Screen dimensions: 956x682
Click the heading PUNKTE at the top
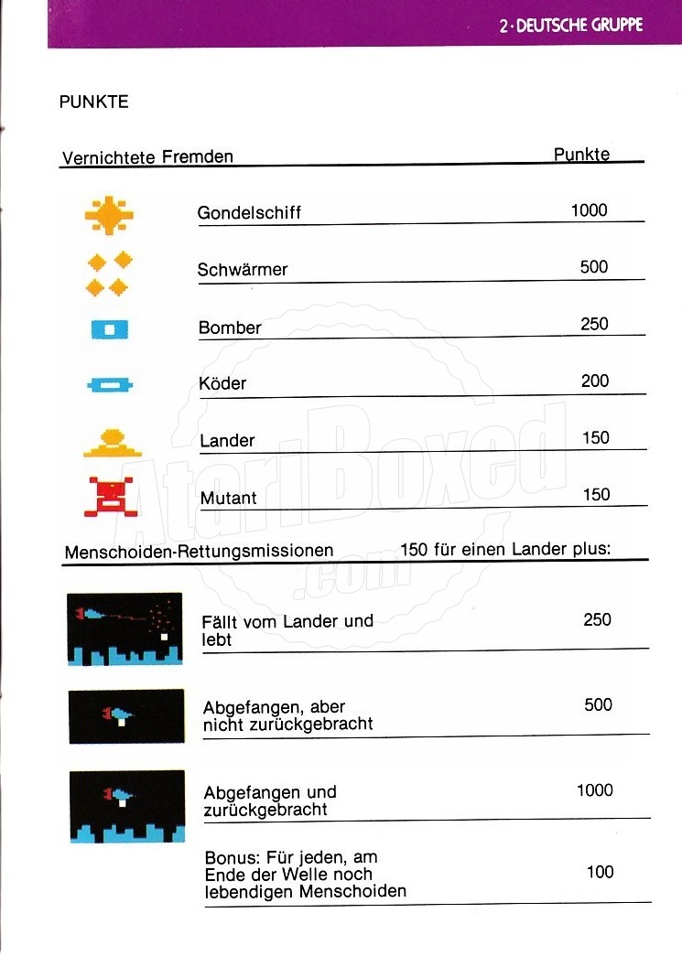click(x=93, y=102)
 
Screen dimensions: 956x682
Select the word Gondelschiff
click(x=249, y=213)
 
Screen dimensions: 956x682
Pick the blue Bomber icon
click(x=109, y=328)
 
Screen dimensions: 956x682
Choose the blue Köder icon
click(x=110, y=385)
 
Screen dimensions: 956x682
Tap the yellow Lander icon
click(x=113, y=443)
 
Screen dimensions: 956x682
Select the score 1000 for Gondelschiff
click(x=589, y=210)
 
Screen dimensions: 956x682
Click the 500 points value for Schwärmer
click(x=594, y=267)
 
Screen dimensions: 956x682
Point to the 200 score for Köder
click(x=595, y=381)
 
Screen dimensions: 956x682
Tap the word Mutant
click(x=228, y=498)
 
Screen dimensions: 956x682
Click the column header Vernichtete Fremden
click(x=147, y=156)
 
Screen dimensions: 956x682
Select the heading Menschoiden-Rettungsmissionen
click(x=199, y=552)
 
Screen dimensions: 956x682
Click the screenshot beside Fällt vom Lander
click(x=124, y=628)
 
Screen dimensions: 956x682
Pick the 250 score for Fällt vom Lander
click(x=597, y=619)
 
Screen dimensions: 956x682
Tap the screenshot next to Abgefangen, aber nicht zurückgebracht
click(x=125, y=715)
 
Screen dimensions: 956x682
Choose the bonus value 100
click(x=600, y=872)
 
